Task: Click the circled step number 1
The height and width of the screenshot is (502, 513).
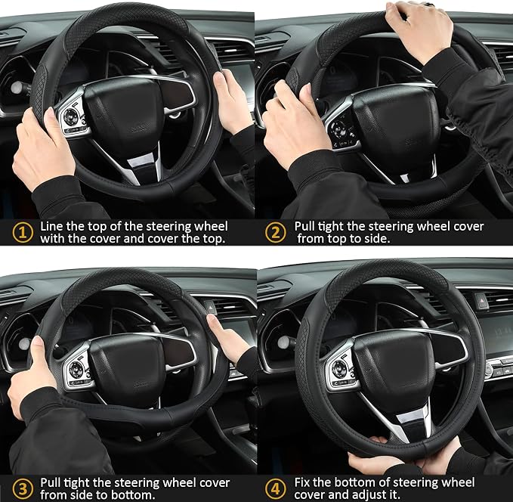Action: (x=23, y=233)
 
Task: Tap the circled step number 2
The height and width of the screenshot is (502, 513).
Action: (x=275, y=233)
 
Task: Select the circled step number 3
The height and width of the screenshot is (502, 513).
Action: (x=23, y=489)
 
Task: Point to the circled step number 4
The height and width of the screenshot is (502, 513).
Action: (x=275, y=489)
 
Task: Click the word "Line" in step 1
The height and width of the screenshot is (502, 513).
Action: (x=51, y=226)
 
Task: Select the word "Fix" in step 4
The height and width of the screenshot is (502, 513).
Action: (x=302, y=482)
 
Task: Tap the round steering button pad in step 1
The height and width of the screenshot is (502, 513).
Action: (x=70, y=116)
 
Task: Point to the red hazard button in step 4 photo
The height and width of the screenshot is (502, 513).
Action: (x=479, y=298)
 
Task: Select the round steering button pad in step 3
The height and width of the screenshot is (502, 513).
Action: (x=76, y=369)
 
